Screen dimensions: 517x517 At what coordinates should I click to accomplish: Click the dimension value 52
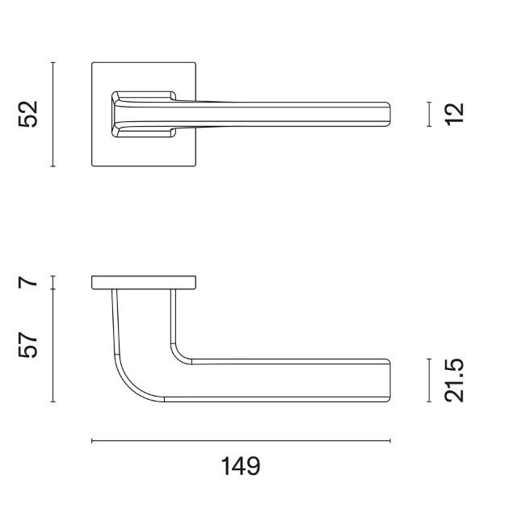pos(28,114)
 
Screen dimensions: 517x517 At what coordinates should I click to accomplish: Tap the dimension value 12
pos(454,114)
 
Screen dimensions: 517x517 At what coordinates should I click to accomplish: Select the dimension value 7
pos(28,283)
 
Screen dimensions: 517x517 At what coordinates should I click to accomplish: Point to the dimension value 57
pos(28,345)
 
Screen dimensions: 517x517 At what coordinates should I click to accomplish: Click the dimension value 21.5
pos(454,380)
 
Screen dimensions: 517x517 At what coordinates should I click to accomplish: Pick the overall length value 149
pos(241,466)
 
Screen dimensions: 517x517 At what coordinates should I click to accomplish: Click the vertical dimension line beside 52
pos(53,114)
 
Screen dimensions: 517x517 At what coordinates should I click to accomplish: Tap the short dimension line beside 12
pos(429,114)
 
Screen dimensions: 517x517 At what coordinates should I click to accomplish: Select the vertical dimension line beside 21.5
pos(429,380)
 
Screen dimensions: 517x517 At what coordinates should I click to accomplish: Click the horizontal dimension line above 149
pos(241,441)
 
